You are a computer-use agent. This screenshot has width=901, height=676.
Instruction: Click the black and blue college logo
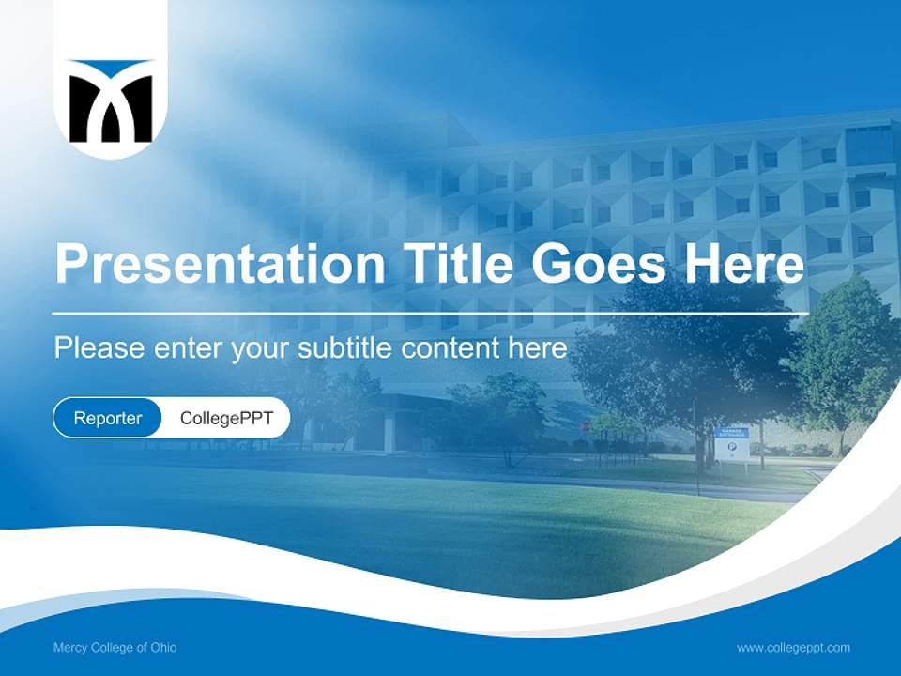[x=111, y=101]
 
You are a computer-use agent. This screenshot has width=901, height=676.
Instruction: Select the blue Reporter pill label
[x=107, y=418]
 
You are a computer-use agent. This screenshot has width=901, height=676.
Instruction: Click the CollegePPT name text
[x=226, y=418]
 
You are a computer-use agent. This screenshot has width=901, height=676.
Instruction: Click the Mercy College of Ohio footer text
[x=115, y=648]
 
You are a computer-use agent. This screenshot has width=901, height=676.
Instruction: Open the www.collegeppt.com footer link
[x=793, y=648]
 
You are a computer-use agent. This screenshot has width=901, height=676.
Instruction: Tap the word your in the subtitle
[x=261, y=349]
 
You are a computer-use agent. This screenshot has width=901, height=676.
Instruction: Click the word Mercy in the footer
[x=69, y=648]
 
